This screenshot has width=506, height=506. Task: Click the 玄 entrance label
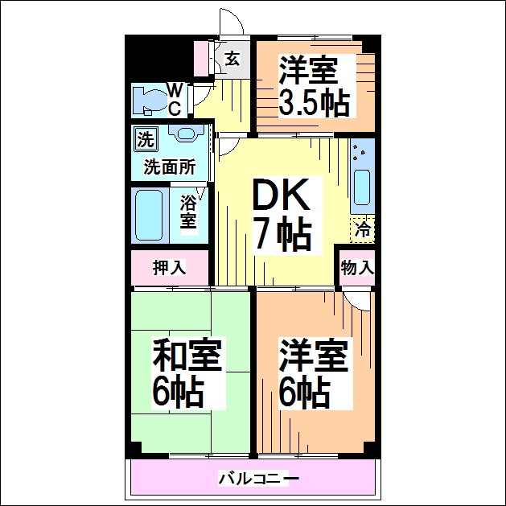point(232,59)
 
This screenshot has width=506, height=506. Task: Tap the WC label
point(175,99)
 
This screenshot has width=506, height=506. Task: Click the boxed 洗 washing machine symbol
point(146,139)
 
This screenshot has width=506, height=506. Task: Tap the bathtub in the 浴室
point(149,215)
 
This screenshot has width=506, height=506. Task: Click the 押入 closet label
point(170,268)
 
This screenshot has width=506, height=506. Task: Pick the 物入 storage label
point(357,268)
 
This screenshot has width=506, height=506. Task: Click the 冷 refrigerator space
point(363,230)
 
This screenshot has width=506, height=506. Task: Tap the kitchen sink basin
point(362,187)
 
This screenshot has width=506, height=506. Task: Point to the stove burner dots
point(359,153)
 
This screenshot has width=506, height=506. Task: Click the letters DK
point(280,195)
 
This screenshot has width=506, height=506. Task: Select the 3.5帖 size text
point(315,103)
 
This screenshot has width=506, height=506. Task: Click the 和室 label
point(187,354)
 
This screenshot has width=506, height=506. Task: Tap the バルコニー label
point(258,479)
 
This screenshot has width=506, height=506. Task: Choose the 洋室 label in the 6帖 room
point(314,356)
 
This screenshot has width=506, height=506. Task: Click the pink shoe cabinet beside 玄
point(201,59)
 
